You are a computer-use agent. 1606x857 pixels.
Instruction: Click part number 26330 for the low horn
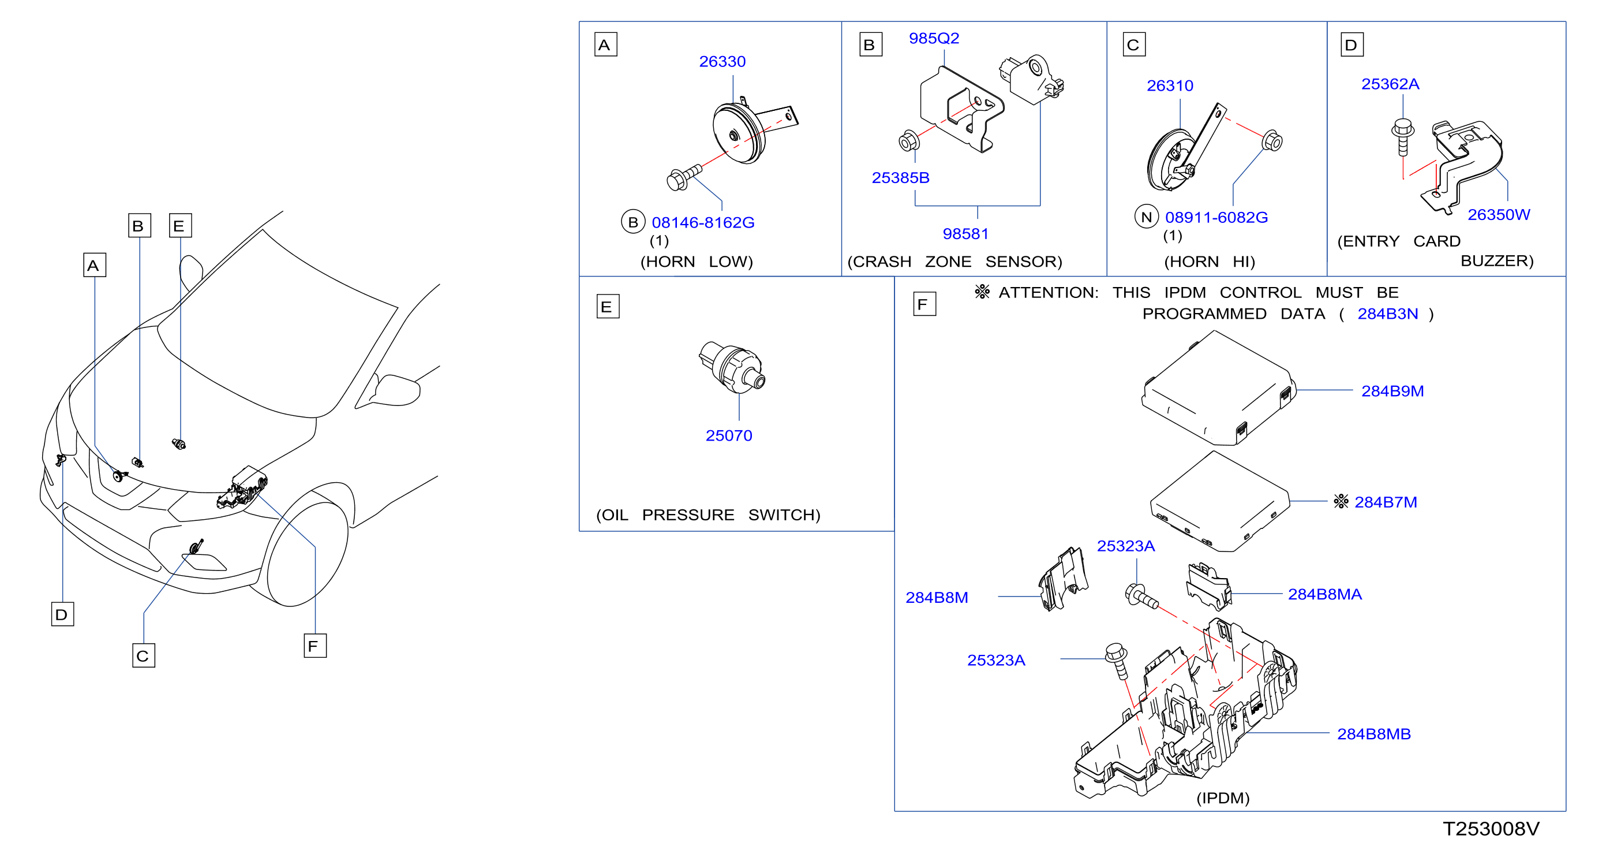point(722,62)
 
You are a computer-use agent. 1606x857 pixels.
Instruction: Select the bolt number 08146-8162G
point(703,223)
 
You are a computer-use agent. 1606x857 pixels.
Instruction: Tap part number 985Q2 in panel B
point(933,39)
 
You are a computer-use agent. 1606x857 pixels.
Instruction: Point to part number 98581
point(965,234)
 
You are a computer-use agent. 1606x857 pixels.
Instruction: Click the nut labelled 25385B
point(900,178)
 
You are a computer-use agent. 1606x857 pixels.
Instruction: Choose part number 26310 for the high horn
point(1170,86)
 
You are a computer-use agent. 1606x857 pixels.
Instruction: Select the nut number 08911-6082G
point(1216,218)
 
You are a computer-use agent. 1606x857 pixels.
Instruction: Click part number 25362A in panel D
point(1390,84)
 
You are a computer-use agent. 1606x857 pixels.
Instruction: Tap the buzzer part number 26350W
point(1499,215)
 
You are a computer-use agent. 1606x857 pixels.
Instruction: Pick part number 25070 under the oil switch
point(729,435)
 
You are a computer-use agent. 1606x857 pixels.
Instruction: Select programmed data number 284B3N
point(1387,314)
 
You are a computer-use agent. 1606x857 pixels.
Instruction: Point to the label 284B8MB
point(1373,734)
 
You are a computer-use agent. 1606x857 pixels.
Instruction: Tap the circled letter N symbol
point(1146,217)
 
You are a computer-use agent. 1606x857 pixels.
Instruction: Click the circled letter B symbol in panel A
point(633,221)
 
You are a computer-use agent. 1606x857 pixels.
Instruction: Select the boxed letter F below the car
point(315,646)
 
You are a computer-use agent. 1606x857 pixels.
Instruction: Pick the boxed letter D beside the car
point(62,614)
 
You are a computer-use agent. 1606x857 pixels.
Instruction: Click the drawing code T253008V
point(1491,829)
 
